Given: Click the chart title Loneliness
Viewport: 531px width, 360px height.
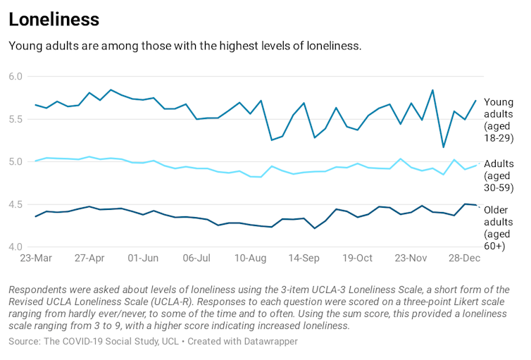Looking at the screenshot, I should (x=54, y=19).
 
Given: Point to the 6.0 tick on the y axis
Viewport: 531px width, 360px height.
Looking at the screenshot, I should (x=15, y=76).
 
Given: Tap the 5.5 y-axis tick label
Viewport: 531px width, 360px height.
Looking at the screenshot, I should (x=15, y=119).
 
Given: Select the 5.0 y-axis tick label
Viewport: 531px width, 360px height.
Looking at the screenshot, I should (x=15, y=162).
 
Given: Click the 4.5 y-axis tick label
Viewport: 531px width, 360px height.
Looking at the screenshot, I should (x=15, y=205).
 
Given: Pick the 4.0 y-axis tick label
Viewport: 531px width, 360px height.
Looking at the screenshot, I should (x=15, y=247).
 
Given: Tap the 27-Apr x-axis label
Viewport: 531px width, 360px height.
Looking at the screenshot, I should (x=89, y=259).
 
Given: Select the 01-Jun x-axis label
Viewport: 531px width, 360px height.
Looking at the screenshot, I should (x=143, y=259).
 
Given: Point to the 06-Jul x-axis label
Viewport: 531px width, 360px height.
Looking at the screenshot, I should (x=196, y=259).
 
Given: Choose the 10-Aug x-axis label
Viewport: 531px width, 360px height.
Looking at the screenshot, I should (x=250, y=259).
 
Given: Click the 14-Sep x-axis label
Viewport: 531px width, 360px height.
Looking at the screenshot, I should (x=304, y=259).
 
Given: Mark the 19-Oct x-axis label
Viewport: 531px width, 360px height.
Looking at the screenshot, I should (x=357, y=259).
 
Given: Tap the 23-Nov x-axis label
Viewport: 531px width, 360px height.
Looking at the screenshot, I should (x=411, y=259).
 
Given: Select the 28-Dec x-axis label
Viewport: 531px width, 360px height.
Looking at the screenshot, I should (x=464, y=259).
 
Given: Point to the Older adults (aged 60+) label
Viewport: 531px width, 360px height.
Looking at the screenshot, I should (x=499, y=228).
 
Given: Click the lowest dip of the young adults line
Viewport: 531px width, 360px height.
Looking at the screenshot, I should (x=443, y=147).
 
